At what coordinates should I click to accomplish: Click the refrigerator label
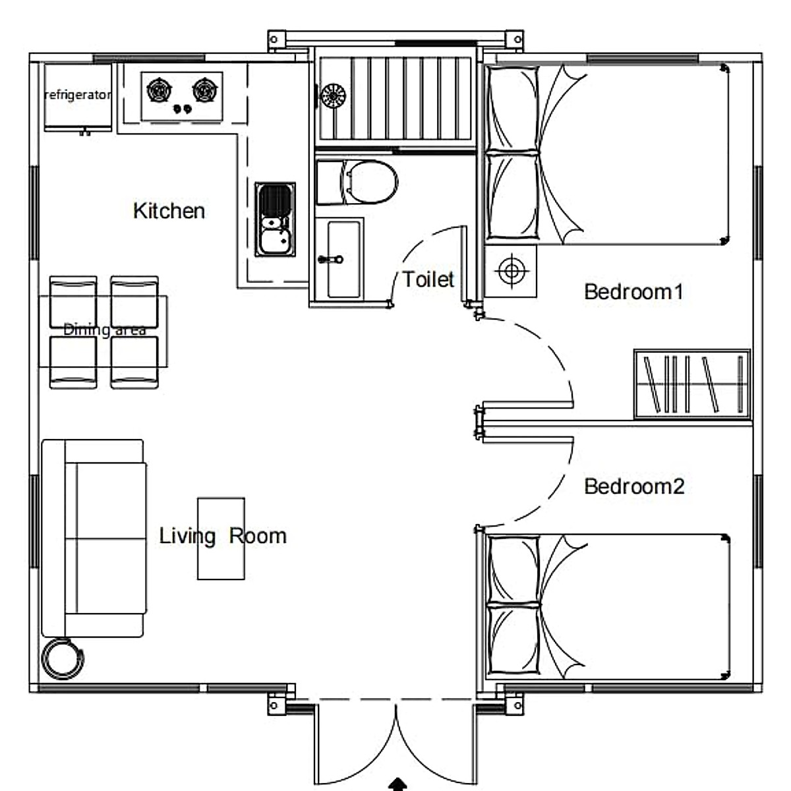(78, 96)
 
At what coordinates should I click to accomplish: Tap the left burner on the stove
(159, 90)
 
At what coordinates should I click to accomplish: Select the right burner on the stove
(205, 90)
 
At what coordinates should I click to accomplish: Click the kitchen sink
(276, 220)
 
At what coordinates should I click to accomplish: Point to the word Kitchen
(169, 211)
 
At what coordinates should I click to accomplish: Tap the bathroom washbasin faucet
(330, 260)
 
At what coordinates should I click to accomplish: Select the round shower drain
(333, 96)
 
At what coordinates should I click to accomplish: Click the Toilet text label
(428, 279)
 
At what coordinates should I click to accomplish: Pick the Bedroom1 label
(633, 291)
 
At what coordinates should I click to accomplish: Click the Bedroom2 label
(633, 486)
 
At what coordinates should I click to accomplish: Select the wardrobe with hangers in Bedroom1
(692, 384)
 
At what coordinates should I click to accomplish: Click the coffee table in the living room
(221, 539)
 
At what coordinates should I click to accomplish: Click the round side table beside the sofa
(63, 659)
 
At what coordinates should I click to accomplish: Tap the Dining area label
(104, 330)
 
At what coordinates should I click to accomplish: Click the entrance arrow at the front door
(397, 784)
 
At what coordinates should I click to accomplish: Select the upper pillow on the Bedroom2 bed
(513, 568)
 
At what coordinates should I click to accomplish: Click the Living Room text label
(223, 536)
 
